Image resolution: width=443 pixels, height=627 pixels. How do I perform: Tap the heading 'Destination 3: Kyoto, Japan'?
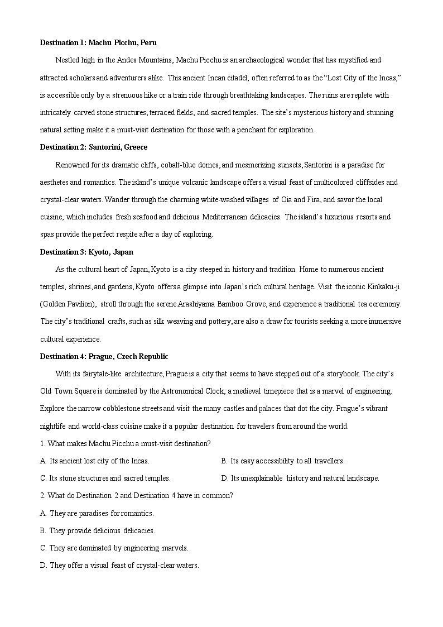pos(86,252)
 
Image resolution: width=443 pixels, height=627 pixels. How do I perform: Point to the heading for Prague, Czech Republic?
pos(104,356)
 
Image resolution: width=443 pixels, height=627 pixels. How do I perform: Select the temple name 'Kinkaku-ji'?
pos(384,286)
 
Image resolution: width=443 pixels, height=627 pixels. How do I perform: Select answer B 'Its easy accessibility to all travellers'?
pos(283,461)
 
